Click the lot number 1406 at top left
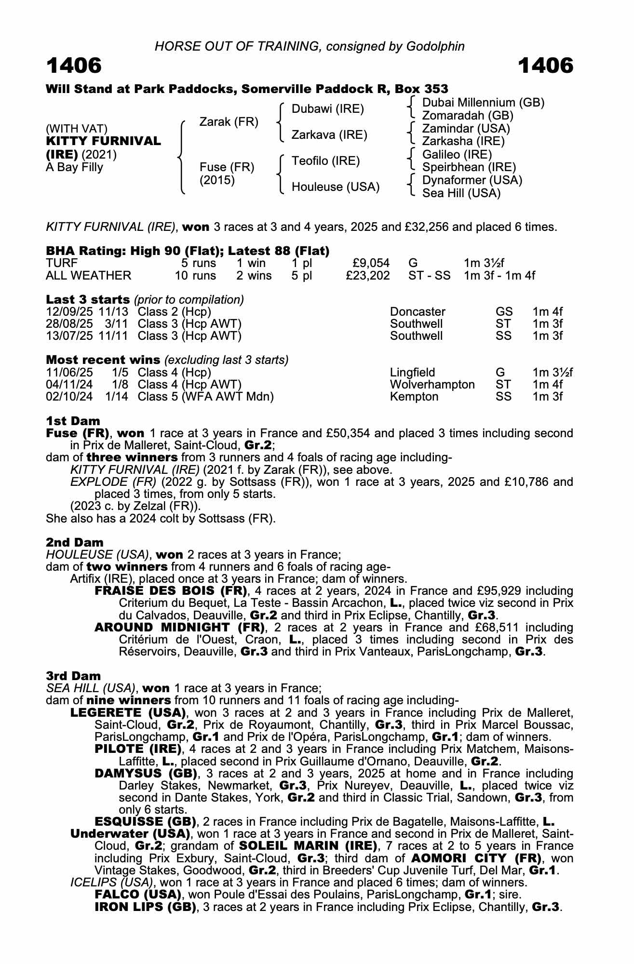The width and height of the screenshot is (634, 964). click(x=74, y=66)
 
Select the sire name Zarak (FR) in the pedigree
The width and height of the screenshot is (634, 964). click(x=229, y=122)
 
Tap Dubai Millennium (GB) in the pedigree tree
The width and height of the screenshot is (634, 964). click(x=483, y=103)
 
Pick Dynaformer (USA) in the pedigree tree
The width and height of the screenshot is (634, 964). click(x=472, y=180)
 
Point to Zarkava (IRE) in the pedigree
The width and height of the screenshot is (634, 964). click(x=329, y=135)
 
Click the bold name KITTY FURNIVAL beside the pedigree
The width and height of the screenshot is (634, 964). click(x=103, y=141)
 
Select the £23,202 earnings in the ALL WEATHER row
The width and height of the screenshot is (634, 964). click(x=368, y=276)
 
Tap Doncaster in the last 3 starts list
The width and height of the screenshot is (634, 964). click(x=418, y=312)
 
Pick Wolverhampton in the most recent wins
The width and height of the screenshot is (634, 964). click(x=432, y=385)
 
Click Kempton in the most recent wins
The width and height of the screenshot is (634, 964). click(x=414, y=397)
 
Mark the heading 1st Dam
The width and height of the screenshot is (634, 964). click(x=73, y=421)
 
